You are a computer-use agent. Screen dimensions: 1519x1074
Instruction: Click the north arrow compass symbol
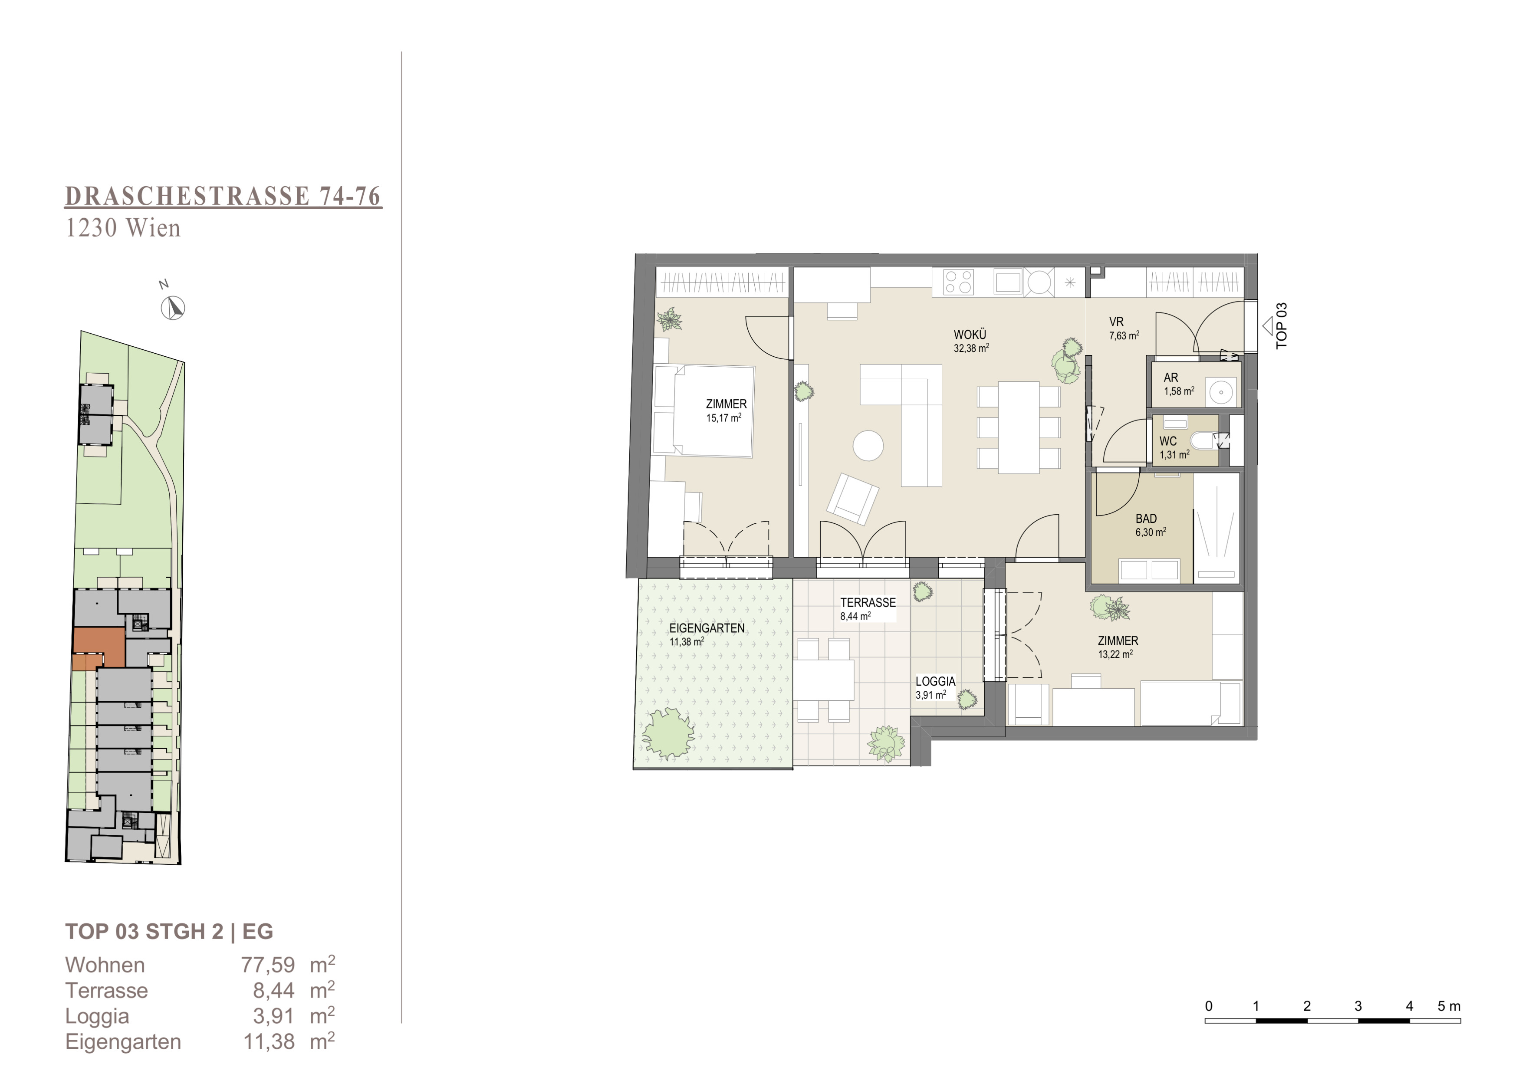(x=173, y=308)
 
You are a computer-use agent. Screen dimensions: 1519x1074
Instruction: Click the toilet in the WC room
(x=1201, y=440)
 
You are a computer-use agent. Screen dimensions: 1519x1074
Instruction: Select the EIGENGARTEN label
(x=707, y=628)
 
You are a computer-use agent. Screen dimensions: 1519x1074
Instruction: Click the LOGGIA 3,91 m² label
(x=935, y=688)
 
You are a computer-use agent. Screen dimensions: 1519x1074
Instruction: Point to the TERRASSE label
(x=868, y=602)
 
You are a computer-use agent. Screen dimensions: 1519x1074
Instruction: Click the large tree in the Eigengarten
(x=668, y=732)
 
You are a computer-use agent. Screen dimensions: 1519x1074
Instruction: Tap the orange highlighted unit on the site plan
(x=99, y=649)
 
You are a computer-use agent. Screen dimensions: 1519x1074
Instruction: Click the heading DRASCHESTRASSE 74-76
(x=224, y=197)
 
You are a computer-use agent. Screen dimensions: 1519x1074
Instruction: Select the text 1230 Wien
(x=123, y=228)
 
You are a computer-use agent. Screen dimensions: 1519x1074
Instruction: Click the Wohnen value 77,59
(x=268, y=965)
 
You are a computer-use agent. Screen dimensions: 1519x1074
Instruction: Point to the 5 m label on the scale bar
(x=1449, y=1006)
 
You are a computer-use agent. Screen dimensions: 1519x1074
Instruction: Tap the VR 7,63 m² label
(x=1123, y=328)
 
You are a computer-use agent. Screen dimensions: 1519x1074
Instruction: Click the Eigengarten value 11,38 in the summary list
(x=269, y=1041)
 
